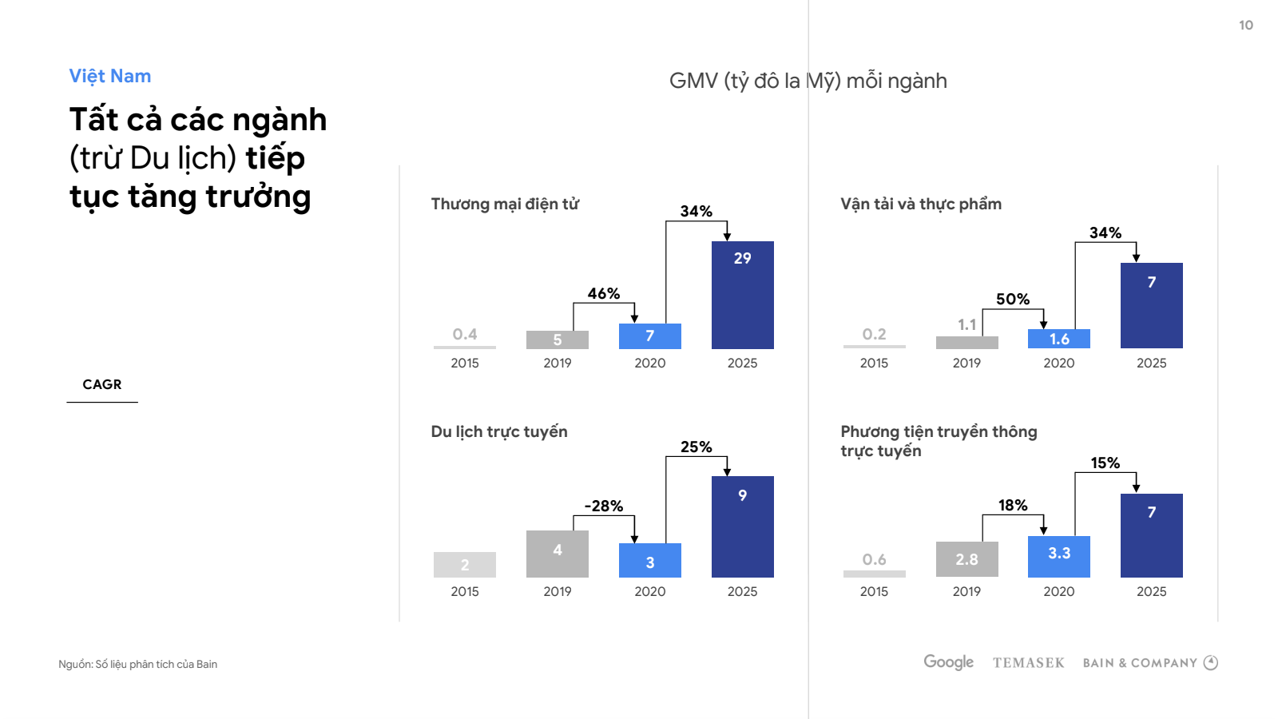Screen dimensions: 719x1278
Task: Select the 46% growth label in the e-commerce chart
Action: tap(603, 293)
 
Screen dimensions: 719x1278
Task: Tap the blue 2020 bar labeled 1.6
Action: tap(1058, 339)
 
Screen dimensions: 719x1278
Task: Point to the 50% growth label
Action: tap(1012, 299)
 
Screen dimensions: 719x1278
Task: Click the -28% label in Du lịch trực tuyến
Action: tap(603, 506)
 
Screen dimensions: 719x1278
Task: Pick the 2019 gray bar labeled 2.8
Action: tap(966, 559)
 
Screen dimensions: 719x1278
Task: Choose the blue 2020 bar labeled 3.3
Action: tap(1058, 557)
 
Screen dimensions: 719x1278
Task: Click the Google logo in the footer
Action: tap(948, 662)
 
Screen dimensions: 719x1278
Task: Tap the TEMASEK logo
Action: tap(1028, 663)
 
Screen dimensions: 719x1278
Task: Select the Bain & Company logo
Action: tap(1149, 663)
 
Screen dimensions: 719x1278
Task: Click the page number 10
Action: tap(1245, 26)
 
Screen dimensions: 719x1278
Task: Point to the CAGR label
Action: tap(102, 384)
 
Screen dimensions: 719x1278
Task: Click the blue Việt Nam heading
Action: tap(110, 76)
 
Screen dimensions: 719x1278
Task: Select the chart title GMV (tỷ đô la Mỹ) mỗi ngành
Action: tap(808, 81)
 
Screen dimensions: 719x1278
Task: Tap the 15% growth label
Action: tap(1105, 463)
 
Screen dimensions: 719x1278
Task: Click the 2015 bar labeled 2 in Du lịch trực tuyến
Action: tap(464, 565)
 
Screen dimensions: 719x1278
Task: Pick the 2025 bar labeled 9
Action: tap(742, 526)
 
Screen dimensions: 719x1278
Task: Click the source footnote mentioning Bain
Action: tap(138, 664)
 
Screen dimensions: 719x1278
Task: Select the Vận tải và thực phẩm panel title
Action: tap(920, 204)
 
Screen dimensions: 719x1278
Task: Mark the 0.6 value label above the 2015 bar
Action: tap(874, 559)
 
